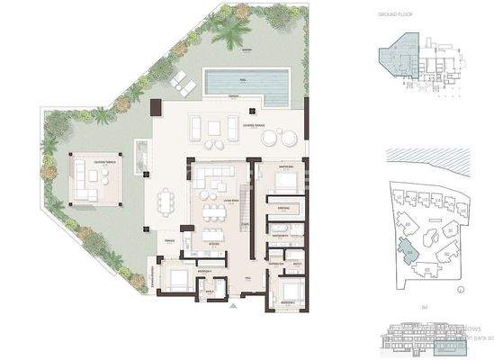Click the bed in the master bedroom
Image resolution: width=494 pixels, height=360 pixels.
coord(286,181)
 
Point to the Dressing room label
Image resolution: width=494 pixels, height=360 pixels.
coord(282,208)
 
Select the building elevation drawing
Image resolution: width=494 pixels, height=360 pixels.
coord(424,335)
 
